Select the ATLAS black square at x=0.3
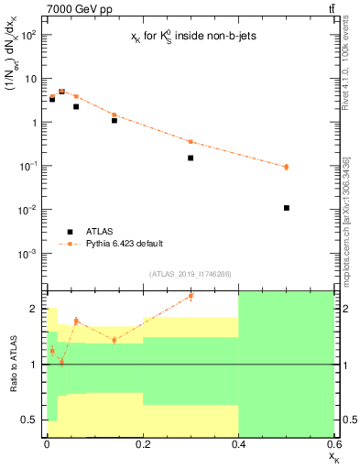(191, 158)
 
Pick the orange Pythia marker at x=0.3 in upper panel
(191, 141)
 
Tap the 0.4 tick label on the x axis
(239, 444)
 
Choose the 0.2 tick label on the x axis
(143, 444)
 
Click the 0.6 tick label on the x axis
(333, 444)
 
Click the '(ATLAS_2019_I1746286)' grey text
(190, 273)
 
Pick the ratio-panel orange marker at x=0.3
(191, 295)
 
